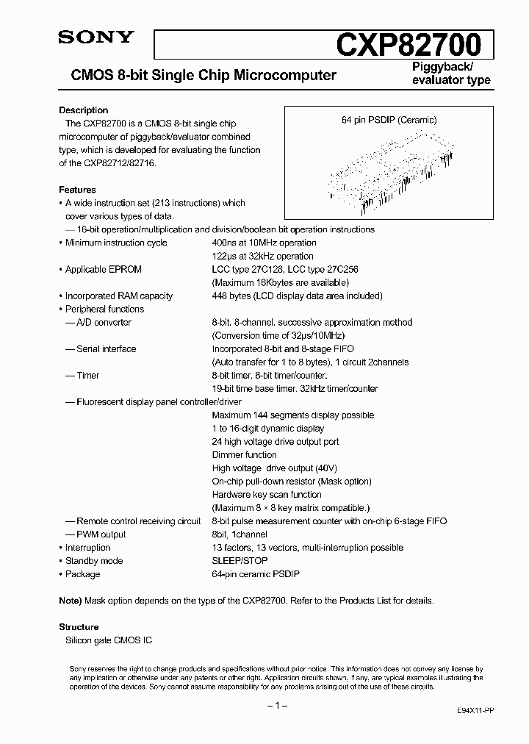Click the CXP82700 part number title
pos(409,45)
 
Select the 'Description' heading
pos(84,110)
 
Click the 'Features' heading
pos(77,190)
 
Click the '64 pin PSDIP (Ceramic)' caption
pos(389,120)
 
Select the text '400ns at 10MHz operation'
pos(264,243)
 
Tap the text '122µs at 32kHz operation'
pos(262,256)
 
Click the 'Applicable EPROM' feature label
pos(103,269)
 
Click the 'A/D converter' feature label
pos(103,322)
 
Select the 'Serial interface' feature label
pos(106,348)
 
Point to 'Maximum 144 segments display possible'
pos(292,415)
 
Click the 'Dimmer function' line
pos(244,454)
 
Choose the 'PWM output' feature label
pos(101,534)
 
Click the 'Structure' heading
pos(79,626)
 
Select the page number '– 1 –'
pos(276,705)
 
